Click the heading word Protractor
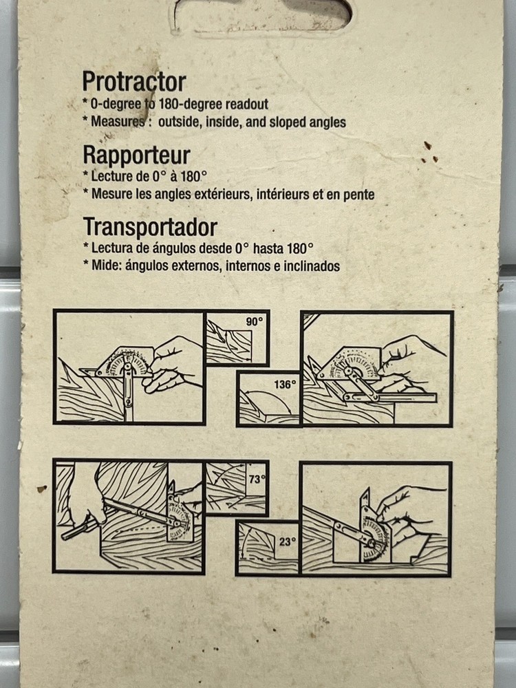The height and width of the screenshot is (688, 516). (x=134, y=83)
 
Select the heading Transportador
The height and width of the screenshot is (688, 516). (x=150, y=227)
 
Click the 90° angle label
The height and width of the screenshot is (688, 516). (x=254, y=321)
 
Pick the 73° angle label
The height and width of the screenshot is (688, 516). (x=256, y=480)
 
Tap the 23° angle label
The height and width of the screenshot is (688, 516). (x=286, y=541)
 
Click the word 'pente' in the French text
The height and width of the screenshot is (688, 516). (x=359, y=195)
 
